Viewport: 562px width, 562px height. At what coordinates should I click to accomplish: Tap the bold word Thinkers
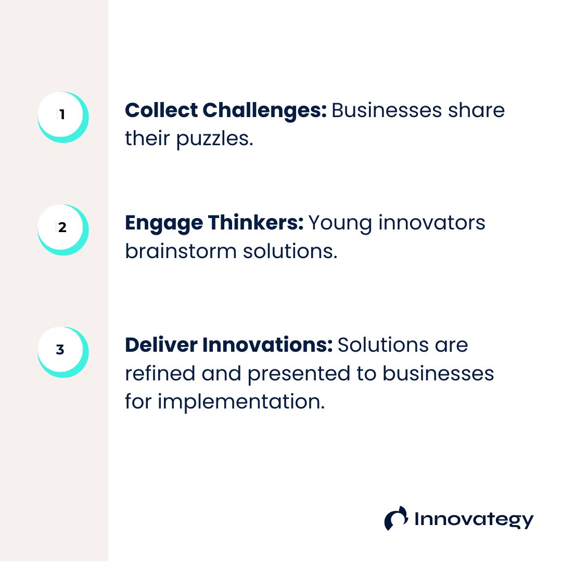tap(256, 223)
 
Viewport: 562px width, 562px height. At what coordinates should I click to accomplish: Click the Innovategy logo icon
tap(396, 518)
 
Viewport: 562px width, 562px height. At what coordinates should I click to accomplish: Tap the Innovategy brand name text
tap(474, 520)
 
